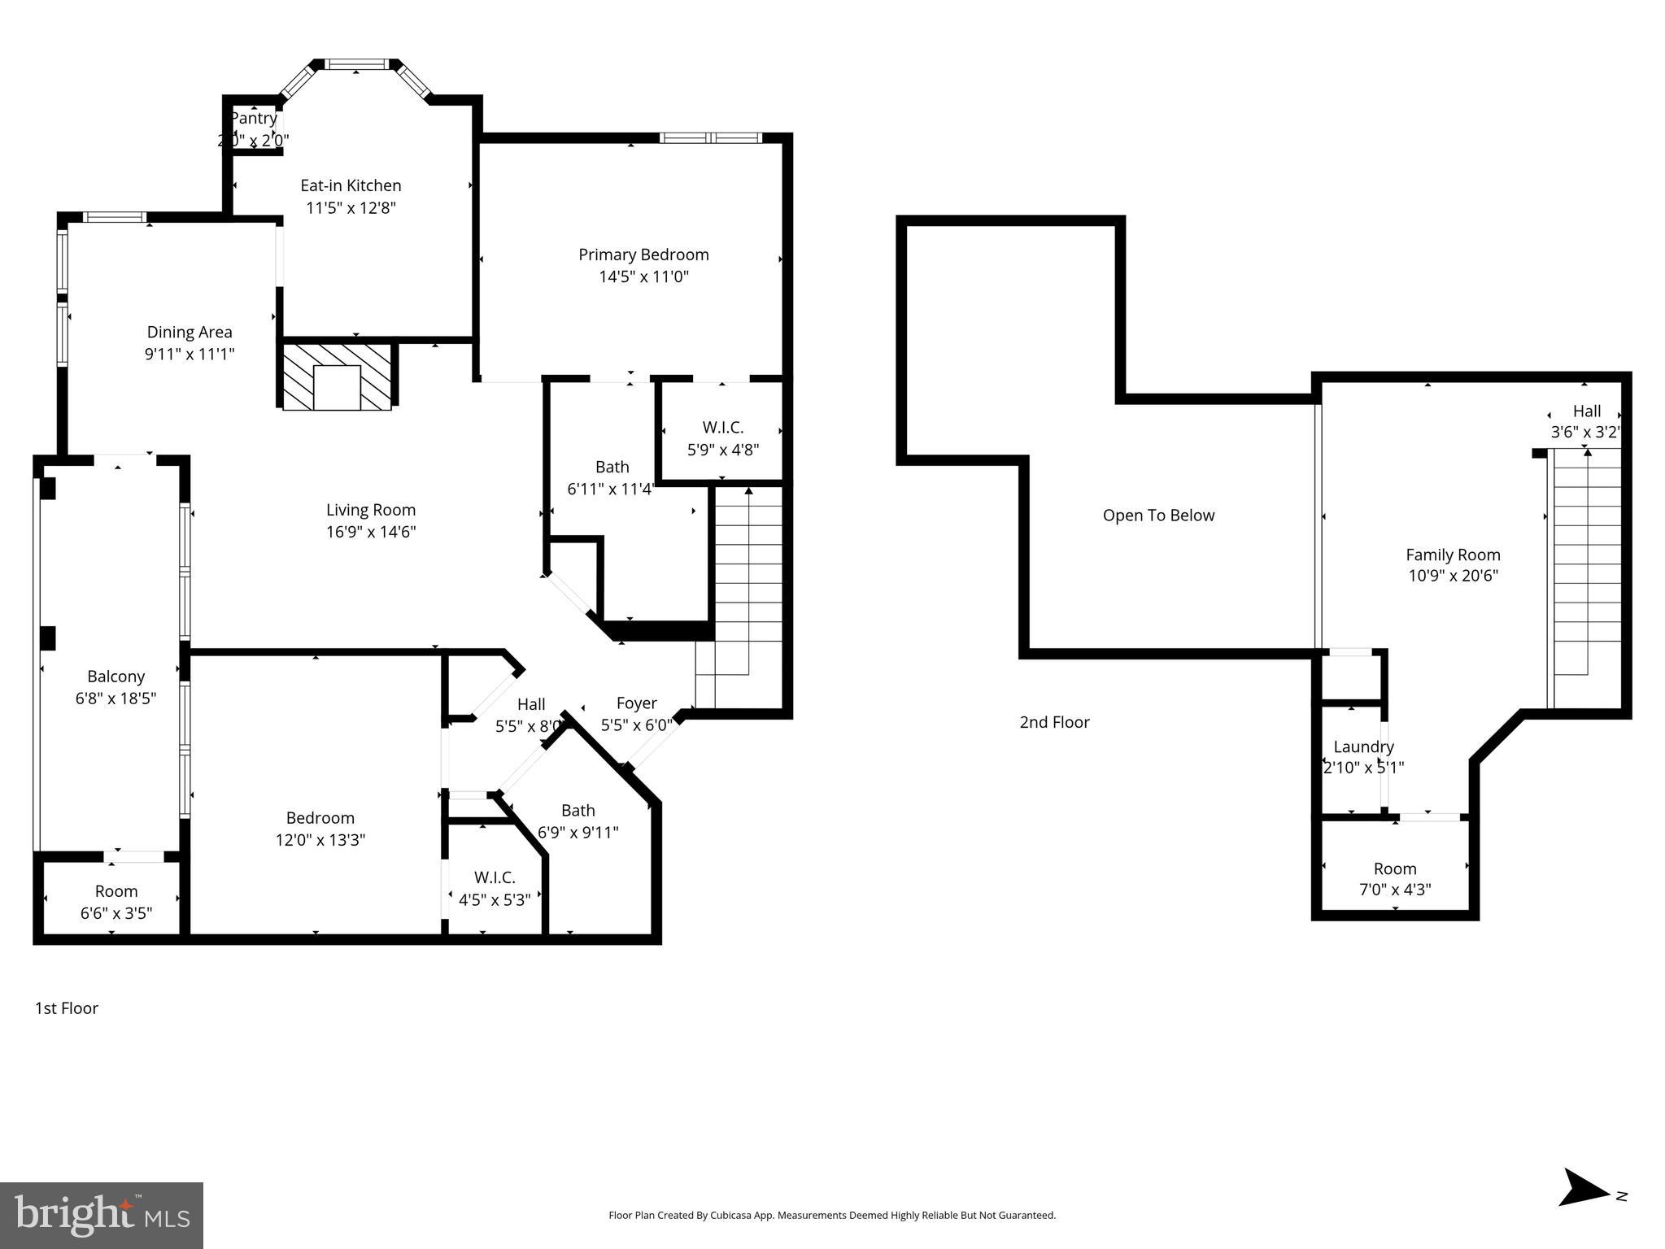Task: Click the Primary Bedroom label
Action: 643,255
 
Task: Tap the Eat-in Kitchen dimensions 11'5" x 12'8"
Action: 351,208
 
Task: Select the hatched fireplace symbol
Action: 337,376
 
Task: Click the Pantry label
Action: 254,119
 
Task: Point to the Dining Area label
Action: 190,332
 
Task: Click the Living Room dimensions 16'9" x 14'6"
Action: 371,532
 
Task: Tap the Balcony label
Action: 116,677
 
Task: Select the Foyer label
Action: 636,703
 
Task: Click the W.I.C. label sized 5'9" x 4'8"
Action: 723,428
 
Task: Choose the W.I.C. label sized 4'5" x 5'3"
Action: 495,878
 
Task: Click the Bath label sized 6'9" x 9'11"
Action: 578,811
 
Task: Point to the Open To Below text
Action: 1158,516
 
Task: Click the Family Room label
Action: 1453,555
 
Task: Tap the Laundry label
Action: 1363,746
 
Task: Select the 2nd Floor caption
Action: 1054,722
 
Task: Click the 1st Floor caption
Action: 66,1008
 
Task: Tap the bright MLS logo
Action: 102,1215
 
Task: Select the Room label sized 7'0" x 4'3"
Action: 1395,868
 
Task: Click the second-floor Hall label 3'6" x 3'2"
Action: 1586,411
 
